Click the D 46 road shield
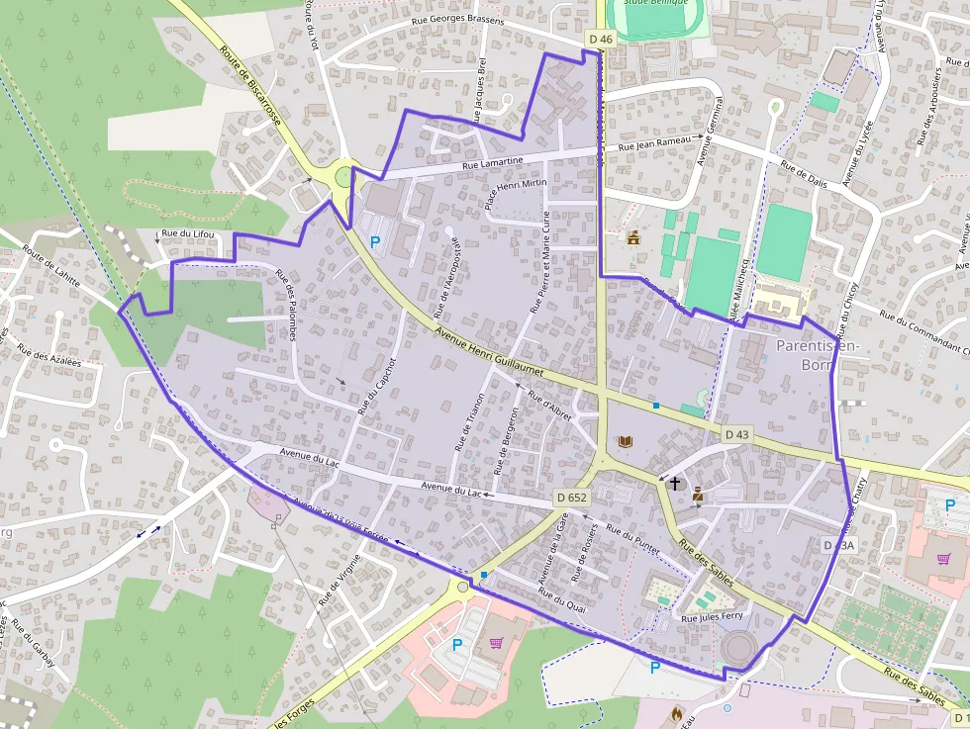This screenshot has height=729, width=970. click(x=601, y=39)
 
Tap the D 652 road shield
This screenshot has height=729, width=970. click(x=571, y=498)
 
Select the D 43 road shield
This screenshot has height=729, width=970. click(x=737, y=434)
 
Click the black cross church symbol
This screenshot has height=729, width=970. click(x=675, y=484)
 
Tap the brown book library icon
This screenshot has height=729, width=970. click(x=625, y=441)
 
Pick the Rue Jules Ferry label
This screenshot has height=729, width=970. click(x=712, y=616)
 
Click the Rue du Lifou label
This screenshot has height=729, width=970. click(x=187, y=233)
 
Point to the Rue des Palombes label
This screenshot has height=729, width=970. click(x=286, y=305)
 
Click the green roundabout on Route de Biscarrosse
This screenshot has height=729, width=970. click(x=343, y=177)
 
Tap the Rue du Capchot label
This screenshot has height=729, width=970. click(x=377, y=384)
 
